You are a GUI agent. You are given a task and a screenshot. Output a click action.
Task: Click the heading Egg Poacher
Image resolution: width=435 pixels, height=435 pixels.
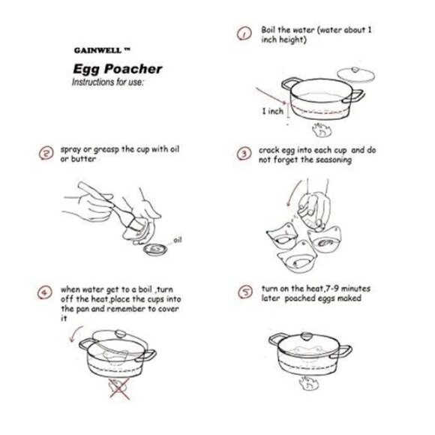tap(117, 69)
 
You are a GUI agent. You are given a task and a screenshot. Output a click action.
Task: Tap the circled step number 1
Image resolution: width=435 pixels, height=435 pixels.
tap(244, 34)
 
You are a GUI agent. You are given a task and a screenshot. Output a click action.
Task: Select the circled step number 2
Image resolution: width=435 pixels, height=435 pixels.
tap(46, 153)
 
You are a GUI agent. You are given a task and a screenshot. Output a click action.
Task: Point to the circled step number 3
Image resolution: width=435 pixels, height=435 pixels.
tap(244, 154)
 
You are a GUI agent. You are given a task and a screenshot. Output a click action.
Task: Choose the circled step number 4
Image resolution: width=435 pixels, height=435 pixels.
tap(45, 292)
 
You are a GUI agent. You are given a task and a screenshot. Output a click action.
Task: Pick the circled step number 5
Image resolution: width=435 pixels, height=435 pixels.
tap(245, 292)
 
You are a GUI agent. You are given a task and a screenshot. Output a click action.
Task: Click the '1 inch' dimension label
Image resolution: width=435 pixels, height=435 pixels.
tap(273, 111)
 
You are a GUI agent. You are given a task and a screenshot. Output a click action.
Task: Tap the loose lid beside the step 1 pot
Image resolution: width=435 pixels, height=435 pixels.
tap(356, 74)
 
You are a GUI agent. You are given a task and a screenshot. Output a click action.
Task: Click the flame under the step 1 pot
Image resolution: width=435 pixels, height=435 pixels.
tap(322, 130)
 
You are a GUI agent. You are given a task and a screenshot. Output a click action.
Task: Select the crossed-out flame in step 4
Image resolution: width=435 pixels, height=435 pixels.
tap(119, 389)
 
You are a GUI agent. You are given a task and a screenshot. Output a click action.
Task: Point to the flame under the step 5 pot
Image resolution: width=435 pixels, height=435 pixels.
tap(308, 383)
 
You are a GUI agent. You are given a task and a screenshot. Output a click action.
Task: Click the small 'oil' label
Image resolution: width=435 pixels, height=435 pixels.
tap(177, 240)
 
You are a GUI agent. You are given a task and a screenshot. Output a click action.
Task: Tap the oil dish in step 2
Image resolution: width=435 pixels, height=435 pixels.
tap(156, 250)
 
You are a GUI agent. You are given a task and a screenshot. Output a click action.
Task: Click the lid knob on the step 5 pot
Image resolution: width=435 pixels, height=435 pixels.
tap(307, 336)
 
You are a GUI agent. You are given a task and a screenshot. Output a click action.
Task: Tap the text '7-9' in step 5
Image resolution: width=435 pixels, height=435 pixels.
tap(332, 289)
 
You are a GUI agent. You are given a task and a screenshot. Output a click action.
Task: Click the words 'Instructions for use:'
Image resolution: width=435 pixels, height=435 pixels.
tap(108, 82)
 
